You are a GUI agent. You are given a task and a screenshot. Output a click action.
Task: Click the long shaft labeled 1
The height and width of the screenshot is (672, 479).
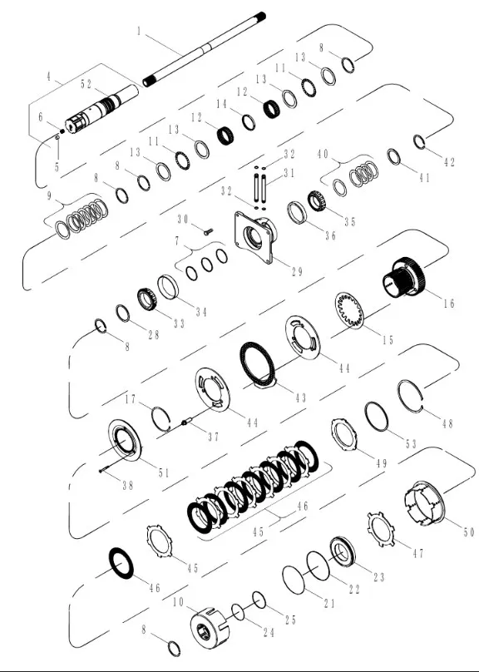click(x=204, y=49)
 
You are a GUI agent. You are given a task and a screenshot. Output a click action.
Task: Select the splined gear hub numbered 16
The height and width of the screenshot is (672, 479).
click(x=403, y=277)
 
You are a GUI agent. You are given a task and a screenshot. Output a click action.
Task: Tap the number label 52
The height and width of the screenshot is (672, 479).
click(x=86, y=84)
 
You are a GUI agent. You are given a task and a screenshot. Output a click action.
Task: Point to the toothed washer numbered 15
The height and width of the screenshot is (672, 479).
click(x=349, y=310)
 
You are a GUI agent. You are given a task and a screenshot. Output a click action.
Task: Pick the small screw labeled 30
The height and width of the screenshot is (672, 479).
click(x=208, y=231)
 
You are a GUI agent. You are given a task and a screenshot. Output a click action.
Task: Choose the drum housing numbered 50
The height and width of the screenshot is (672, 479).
click(x=425, y=503)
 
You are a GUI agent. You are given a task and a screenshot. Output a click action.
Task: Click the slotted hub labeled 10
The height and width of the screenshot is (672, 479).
click(x=210, y=628)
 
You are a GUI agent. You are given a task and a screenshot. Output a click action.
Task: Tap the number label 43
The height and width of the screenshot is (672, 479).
click(x=301, y=398)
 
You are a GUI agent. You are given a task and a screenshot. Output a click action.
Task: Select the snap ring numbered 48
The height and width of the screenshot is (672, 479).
click(x=411, y=397)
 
